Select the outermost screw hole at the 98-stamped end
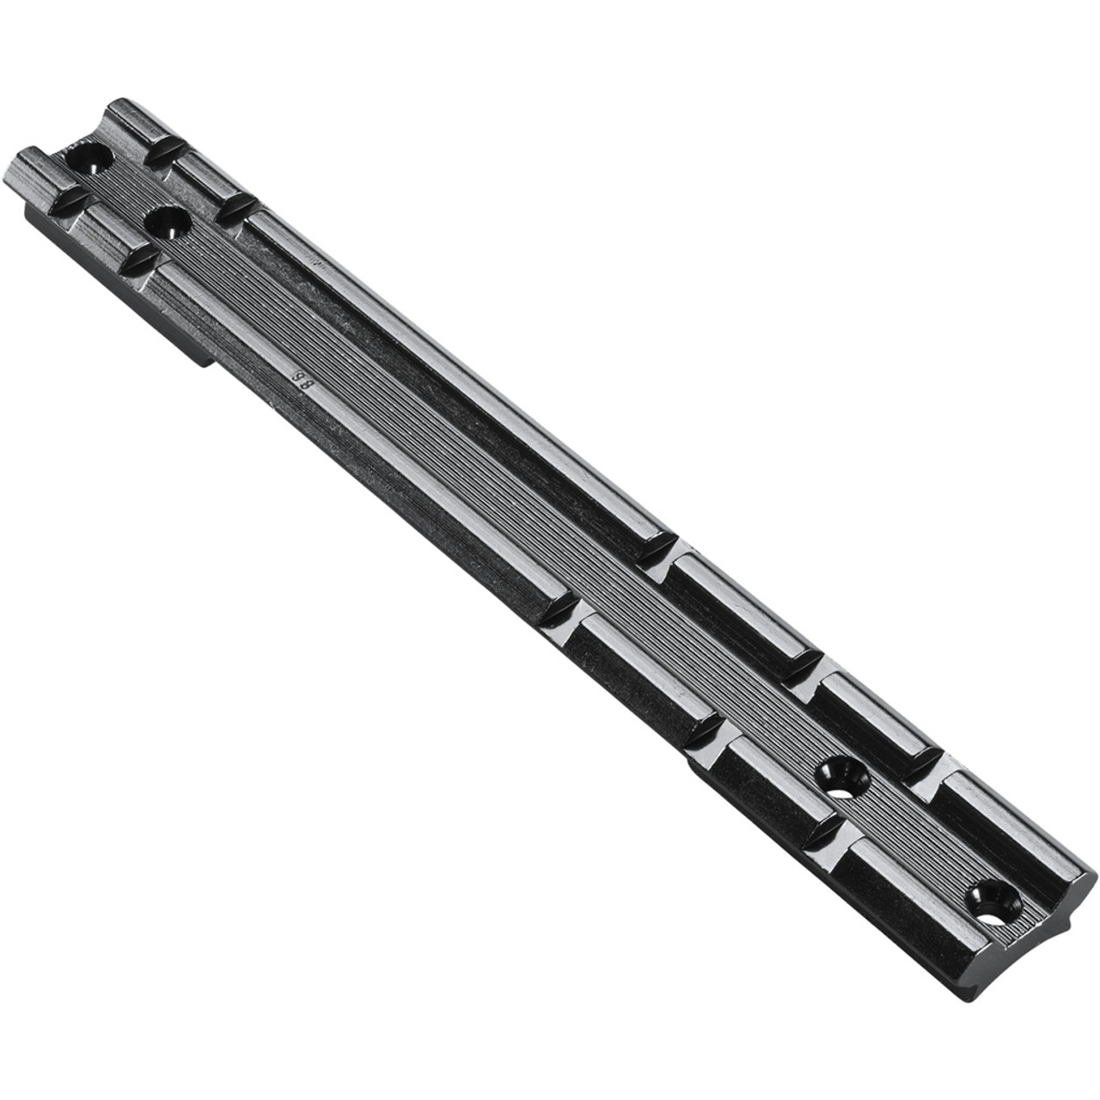tap(91, 158)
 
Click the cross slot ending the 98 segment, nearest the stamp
tap(140, 261)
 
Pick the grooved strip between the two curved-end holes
tap(920, 838)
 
